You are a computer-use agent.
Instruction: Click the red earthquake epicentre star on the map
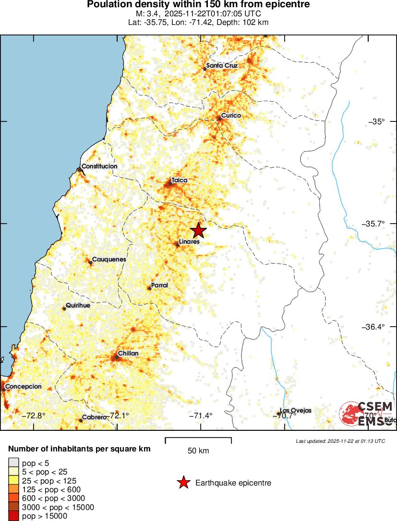click(x=198, y=231)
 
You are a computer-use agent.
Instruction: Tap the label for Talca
click(x=179, y=180)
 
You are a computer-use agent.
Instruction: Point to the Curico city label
click(x=231, y=116)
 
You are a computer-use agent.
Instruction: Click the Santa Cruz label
click(x=222, y=66)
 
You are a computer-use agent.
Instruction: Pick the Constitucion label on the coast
click(x=99, y=166)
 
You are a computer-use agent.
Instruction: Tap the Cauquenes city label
click(x=109, y=260)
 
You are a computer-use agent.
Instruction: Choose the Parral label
click(x=159, y=285)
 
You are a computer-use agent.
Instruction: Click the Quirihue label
click(x=78, y=306)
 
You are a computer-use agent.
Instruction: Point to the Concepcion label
click(x=24, y=386)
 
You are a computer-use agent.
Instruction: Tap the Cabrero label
click(x=94, y=417)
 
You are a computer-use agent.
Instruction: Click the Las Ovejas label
click(x=296, y=411)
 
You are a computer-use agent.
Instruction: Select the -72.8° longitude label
click(x=34, y=415)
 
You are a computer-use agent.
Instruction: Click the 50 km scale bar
click(x=198, y=440)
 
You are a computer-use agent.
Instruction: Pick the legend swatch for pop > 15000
click(x=14, y=516)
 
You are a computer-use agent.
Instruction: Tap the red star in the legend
click(x=183, y=483)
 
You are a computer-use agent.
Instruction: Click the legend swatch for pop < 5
click(x=14, y=463)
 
